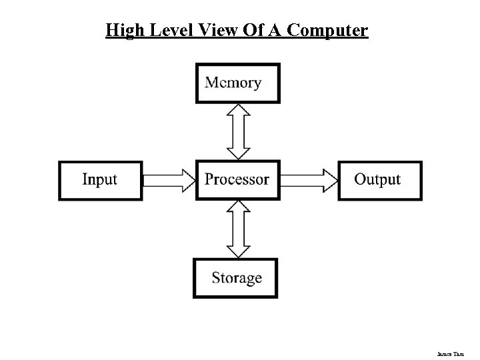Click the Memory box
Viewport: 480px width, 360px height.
(x=238, y=83)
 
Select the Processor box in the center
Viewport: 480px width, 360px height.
(x=237, y=179)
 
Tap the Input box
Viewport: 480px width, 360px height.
(x=101, y=180)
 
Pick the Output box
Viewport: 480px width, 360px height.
(x=379, y=180)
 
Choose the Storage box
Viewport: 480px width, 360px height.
(x=236, y=277)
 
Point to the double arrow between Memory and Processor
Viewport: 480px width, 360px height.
(x=238, y=131)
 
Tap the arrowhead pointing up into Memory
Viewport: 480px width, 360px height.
(x=238, y=111)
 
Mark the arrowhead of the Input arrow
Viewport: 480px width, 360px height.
(x=187, y=180)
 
